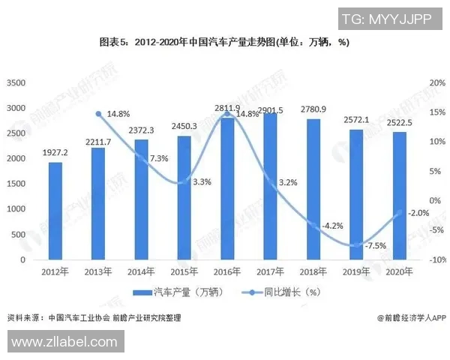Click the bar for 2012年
coord(55,211)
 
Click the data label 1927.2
coord(55,152)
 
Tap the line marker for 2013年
coord(98,114)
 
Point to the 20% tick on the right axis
coord(437,82)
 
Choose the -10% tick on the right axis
coord(437,259)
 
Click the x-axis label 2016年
coord(226,272)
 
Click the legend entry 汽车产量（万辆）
coord(175,292)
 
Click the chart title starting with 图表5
coord(224,43)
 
